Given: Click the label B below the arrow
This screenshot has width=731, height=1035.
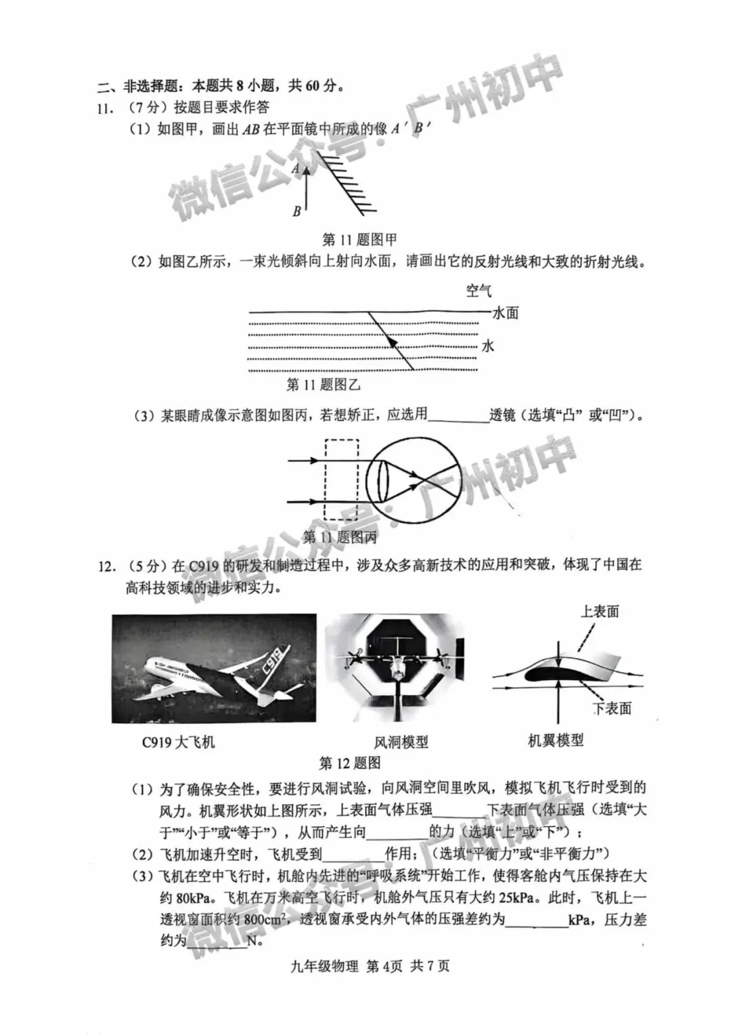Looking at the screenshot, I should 296,211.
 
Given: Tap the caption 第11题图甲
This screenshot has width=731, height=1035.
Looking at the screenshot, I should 359,239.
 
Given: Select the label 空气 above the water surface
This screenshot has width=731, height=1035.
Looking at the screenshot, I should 479,291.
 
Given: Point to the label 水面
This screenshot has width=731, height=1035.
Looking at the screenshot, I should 506,313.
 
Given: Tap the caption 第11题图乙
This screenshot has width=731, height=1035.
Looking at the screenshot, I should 324,385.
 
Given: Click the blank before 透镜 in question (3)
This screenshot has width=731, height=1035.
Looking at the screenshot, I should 458,415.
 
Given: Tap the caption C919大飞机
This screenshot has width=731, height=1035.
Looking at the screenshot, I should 178,742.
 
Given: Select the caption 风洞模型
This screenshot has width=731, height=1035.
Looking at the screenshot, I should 401,742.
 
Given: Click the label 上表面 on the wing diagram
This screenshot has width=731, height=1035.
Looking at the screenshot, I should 600,612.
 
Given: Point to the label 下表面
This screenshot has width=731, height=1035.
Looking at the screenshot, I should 612,709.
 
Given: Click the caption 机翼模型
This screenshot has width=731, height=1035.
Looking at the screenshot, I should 556,740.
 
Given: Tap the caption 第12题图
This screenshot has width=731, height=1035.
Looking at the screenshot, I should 350,763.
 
